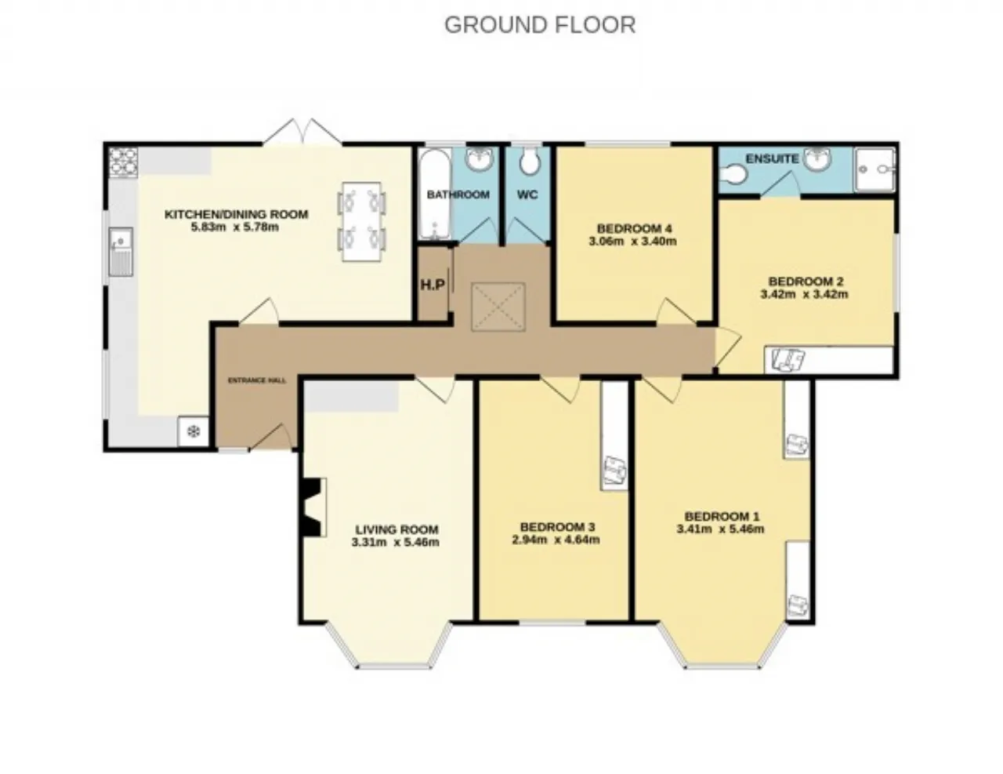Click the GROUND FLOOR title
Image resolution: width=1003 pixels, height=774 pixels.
[540, 25]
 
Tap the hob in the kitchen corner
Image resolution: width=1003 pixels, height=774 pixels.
[123, 162]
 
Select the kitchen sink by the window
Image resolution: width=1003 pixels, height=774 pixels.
[121, 252]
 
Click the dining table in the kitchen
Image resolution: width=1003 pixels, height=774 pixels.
[362, 222]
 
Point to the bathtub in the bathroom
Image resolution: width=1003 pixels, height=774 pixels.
[435, 194]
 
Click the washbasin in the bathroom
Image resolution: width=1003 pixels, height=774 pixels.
[480, 159]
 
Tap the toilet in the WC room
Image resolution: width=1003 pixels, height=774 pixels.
[529, 161]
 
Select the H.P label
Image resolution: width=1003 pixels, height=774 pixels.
[433, 285]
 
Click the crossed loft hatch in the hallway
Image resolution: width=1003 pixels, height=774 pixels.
[498, 307]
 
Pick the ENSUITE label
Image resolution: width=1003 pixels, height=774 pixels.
[772, 159]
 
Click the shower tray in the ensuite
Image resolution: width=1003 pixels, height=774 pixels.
[874, 169]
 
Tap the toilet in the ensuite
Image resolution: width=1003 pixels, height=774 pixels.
[733, 175]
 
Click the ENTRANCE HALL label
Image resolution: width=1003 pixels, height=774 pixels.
[257, 380]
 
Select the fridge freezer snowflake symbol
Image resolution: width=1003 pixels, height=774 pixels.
[194, 432]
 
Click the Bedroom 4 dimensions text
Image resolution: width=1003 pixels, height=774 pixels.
[633, 241]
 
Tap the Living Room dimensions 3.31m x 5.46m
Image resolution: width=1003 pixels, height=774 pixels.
[395, 542]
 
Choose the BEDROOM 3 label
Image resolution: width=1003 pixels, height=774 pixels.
[557, 527]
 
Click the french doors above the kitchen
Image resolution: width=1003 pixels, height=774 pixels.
[302, 132]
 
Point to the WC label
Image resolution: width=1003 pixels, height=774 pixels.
[527, 195]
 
